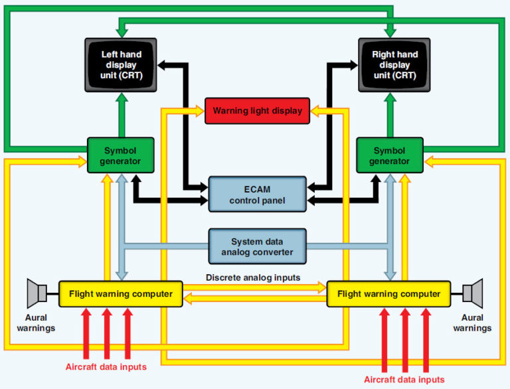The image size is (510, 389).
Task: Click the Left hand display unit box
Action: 120,65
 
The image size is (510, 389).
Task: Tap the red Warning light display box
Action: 257,111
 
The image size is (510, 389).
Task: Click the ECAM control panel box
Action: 257,194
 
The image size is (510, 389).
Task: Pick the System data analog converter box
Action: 257,246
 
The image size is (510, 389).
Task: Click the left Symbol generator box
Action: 120,155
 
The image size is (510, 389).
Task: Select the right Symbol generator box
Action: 390,155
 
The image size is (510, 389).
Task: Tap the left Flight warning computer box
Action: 120,293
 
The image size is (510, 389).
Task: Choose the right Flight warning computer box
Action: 388,293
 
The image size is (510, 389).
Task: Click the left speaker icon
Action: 37,293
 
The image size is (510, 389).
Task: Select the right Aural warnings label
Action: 473,323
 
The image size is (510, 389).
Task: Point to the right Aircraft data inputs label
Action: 404,380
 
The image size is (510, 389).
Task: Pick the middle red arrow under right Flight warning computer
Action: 404,339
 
